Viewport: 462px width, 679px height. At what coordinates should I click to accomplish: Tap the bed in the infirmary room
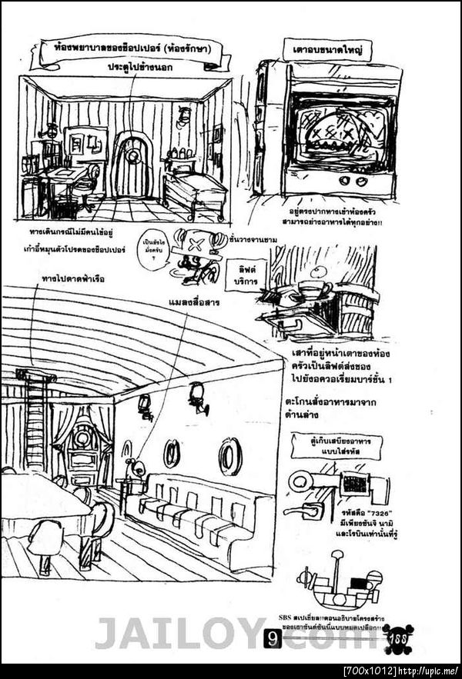click(195, 191)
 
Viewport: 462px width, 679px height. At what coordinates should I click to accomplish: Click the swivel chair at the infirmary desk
click(89, 185)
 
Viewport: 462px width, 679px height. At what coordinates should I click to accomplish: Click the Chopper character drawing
click(192, 254)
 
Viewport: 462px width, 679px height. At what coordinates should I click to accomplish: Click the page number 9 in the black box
click(273, 639)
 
